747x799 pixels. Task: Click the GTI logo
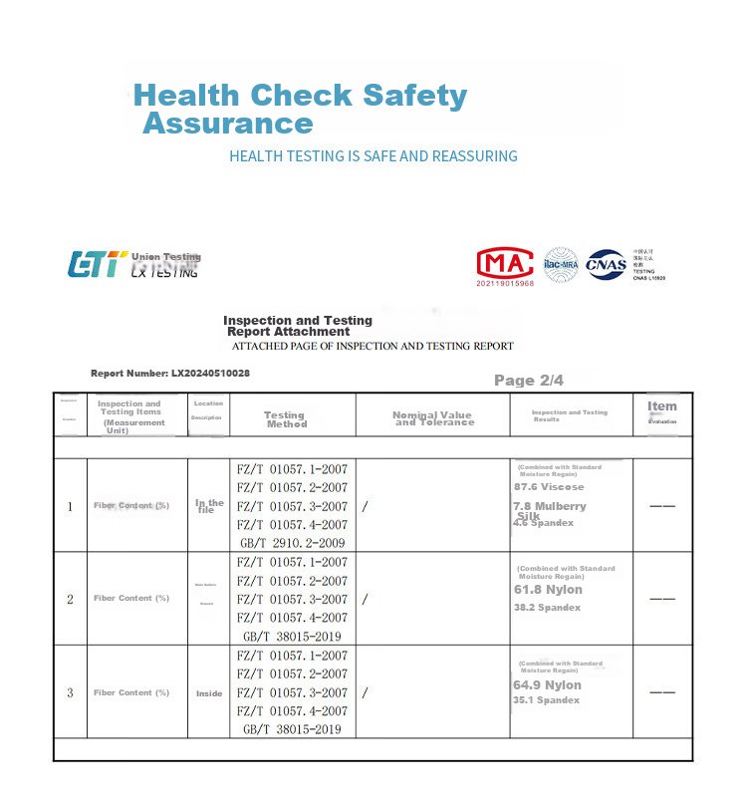[96, 264]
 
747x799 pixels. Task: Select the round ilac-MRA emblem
[561, 264]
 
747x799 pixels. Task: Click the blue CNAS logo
[606, 264]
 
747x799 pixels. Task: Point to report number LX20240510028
[170, 373]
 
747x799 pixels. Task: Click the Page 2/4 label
[529, 381]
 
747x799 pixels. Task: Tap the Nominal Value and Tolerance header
[432, 419]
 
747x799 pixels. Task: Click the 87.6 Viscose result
[549, 487]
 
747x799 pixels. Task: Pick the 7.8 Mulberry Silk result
[549, 510]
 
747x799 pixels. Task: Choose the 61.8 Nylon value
[548, 590]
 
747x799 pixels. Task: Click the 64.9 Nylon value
[547, 685]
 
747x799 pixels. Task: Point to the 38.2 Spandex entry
[547, 607]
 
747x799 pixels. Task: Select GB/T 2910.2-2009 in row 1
[292, 543]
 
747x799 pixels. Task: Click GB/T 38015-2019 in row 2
[292, 637]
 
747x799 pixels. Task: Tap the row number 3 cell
[70, 692]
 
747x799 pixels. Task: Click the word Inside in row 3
[209, 692]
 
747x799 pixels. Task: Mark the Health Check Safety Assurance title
[300, 110]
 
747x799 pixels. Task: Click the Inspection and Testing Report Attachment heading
[297, 326]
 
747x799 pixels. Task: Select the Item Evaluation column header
[662, 411]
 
